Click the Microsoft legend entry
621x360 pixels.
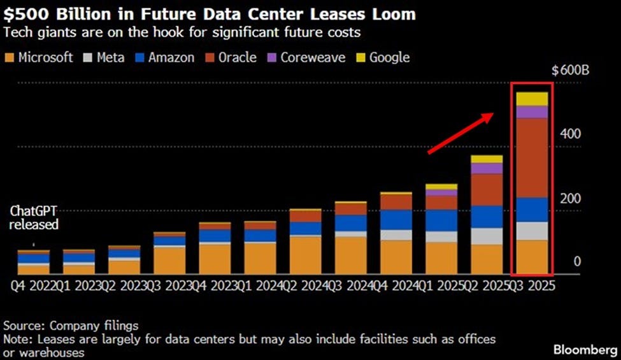(38, 58)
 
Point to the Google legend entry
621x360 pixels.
(382, 58)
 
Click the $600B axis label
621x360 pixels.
(570, 70)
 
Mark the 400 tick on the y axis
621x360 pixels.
(571, 134)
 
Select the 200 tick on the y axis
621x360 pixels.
(571, 199)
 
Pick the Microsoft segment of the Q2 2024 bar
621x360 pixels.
(305, 255)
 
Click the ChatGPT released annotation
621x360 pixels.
(34, 218)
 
